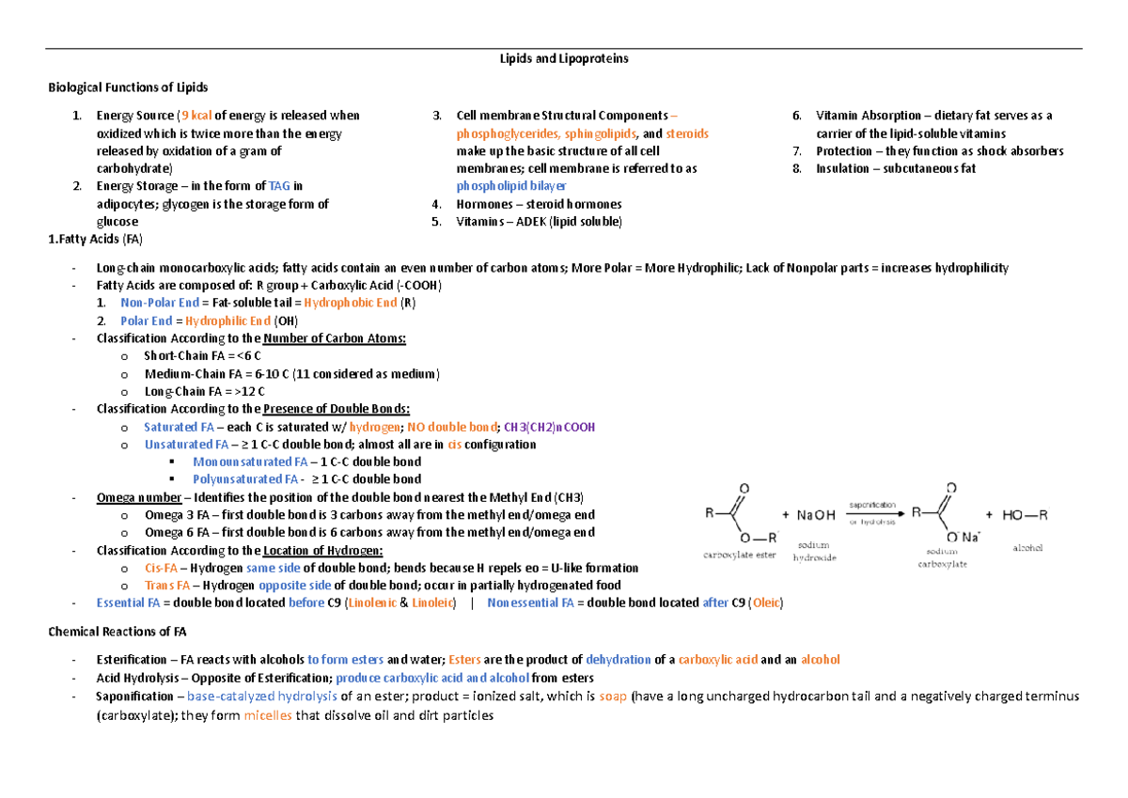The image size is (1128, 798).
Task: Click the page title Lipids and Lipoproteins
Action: (x=564, y=58)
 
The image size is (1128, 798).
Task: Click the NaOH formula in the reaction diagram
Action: (x=815, y=514)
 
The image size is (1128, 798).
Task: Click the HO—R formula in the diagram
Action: (x=1025, y=514)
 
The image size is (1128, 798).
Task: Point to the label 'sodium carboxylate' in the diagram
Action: (x=943, y=558)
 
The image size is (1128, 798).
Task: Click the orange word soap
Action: (x=613, y=696)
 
